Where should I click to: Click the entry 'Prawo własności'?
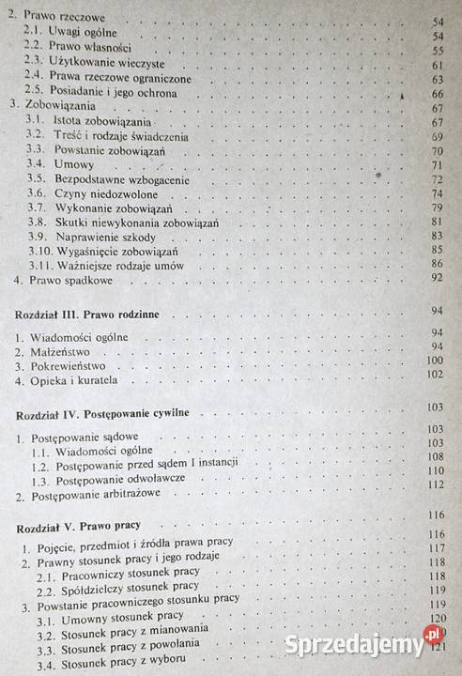click(90, 47)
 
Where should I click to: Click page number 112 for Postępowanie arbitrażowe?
click(433, 485)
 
